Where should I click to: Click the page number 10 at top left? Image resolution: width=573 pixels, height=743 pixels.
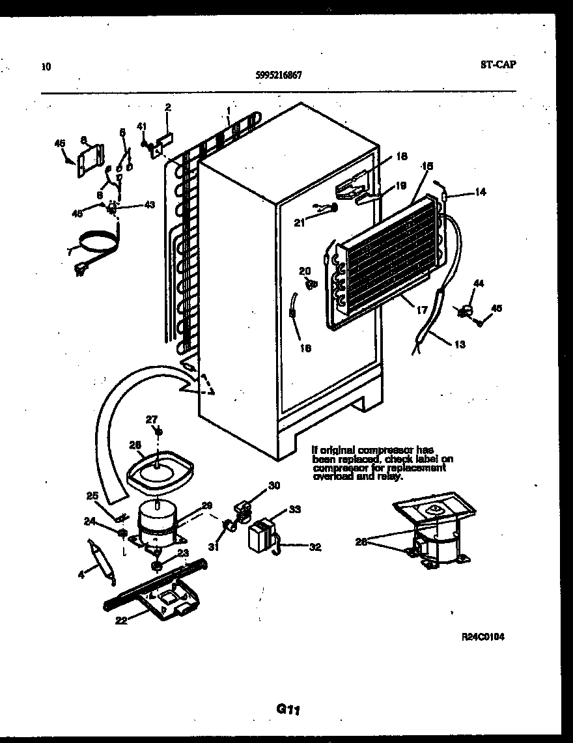45,66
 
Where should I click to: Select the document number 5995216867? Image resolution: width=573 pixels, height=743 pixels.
279,75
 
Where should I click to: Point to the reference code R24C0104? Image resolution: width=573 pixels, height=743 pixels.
482,637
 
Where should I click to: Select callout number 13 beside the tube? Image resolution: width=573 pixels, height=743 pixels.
460,344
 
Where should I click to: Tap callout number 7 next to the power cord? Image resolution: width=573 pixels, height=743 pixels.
70,251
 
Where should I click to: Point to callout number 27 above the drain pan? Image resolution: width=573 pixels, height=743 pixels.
152,419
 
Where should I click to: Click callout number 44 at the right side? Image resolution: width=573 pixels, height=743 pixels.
479,283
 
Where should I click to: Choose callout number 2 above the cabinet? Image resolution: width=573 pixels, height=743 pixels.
167,108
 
